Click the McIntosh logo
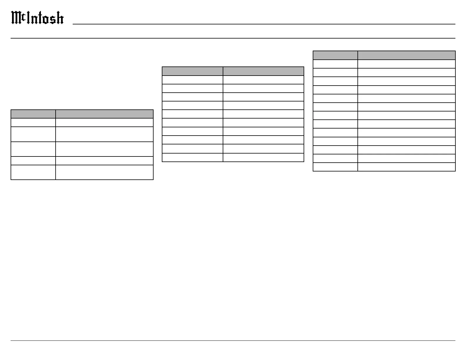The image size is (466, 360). click(x=37, y=18)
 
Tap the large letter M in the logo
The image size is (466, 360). click(x=16, y=18)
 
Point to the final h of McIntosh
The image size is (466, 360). click(x=60, y=18)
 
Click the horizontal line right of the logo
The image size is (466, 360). click(x=264, y=24)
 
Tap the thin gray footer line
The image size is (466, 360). click(x=233, y=341)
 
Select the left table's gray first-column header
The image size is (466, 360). click(x=33, y=114)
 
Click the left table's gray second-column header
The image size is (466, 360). click(x=104, y=114)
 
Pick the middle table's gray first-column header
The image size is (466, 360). click(x=192, y=71)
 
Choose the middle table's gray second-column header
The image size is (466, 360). click(x=263, y=71)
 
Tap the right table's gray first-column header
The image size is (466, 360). click(x=335, y=55)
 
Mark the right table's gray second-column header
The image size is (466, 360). click(x=407, y=55)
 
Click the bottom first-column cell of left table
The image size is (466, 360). click(x=33, y=172)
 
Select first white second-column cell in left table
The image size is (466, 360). click(x=104, y=123)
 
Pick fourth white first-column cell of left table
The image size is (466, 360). click(x=33, y=161)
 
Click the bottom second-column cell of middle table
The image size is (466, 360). click(x=263, y=157)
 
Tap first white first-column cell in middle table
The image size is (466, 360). click(x=192, y=80)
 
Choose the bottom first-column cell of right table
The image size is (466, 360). click(x=335, y=167)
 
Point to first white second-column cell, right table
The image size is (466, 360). click(x=407, y=64)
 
